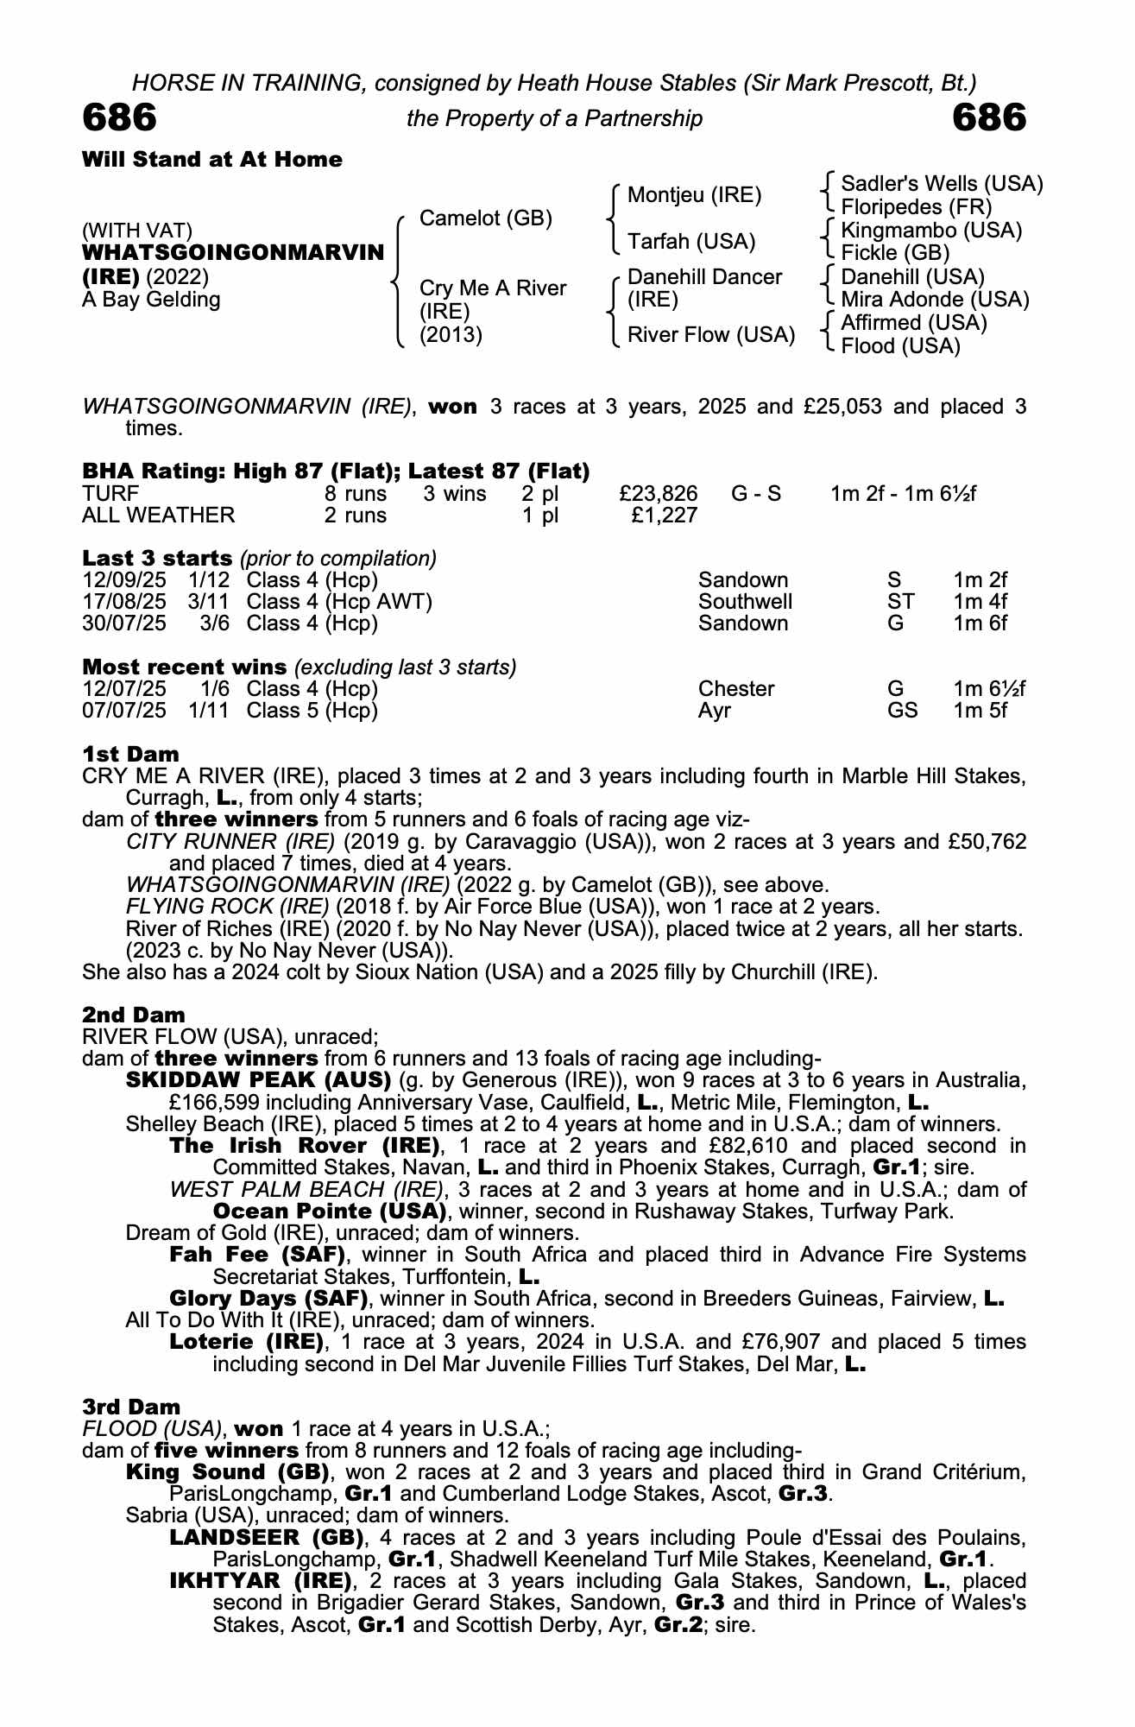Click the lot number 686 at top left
[119, 117]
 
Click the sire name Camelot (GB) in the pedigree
[485, 218]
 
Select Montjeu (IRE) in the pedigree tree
[694, 195]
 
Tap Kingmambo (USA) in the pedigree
[931, 231]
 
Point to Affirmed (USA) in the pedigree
[914, 323]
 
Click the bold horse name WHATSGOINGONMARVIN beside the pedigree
[233, 253]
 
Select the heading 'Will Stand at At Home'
[212, 160]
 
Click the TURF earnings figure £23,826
[659, 494]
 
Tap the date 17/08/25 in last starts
[124, 602]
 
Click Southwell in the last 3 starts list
[745, 602]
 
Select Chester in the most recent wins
[736, 689]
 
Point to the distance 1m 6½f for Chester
[989, 689]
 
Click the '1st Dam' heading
[130, 754]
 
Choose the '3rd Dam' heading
[131, 1408]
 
